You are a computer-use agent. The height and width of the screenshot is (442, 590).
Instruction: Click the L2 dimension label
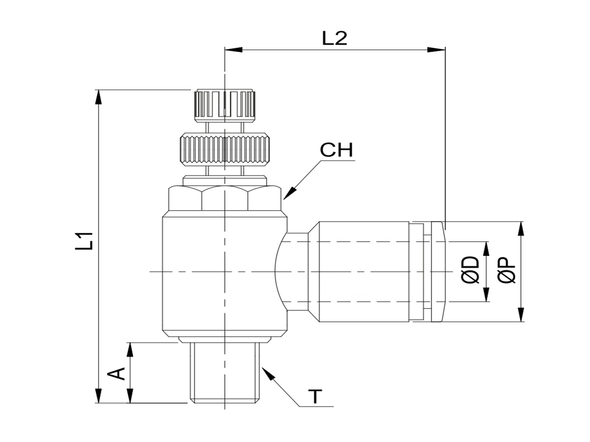tap(334, 38)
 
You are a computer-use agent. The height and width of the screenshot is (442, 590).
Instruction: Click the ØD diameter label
tap(470, 270)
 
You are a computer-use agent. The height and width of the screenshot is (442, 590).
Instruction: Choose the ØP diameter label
tap(506, 270)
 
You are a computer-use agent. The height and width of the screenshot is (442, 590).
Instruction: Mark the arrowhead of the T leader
tap(268, 373)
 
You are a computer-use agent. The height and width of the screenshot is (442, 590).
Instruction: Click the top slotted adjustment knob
tap(225, 105)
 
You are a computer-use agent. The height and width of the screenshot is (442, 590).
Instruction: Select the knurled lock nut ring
tap(225, 150)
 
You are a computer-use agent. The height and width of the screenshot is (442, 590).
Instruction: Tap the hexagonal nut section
tap(225, 198)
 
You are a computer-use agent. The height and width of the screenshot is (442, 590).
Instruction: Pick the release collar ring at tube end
tap(438, 271)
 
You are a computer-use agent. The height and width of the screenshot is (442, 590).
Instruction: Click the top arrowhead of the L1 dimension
tap(99, 97)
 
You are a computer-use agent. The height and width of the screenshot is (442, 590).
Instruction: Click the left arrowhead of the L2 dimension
tap(233, 50)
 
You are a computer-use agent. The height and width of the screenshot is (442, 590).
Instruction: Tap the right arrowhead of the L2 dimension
tap(436, 50)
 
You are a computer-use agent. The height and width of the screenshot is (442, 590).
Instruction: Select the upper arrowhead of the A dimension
tap(130, 350)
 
